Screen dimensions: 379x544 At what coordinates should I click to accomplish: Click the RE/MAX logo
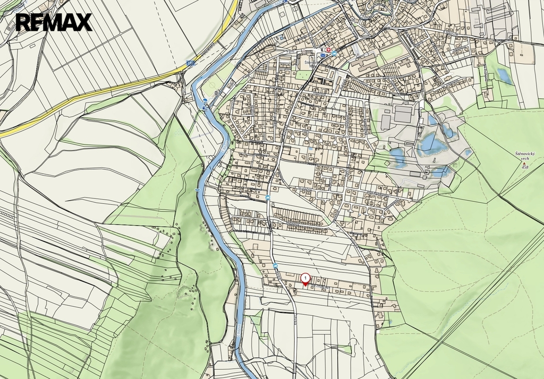point(54,22)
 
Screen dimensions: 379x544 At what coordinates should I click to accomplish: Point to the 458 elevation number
point(525,167)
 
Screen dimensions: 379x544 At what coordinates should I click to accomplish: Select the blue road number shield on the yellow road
point(190,63)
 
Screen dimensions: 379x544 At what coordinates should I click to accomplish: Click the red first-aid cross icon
point(328,50)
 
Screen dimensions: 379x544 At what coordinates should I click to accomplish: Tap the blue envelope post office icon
point(322,54)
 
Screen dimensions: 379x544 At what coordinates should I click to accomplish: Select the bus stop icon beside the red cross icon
point(334,54)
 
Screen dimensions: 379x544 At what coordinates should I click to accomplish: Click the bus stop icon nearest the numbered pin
point(275,265)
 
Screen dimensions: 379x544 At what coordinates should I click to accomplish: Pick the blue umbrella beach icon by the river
point(205,100)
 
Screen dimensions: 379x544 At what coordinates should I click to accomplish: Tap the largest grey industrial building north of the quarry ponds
point(404,114)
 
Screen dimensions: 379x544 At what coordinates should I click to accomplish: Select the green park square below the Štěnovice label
point(303,75)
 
